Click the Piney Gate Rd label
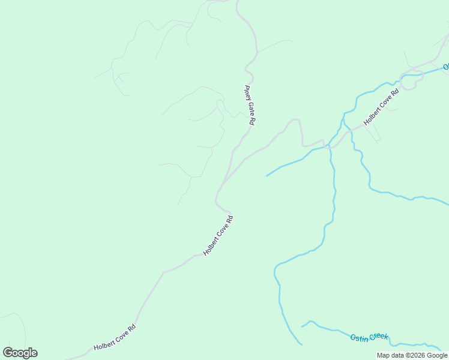click(x=250, y=105)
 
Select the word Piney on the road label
click(x=247, y=93)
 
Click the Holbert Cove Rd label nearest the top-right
click(x=381, y=107)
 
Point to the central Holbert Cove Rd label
click(x=217, y=236)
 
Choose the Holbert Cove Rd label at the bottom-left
click(x=115, y=338)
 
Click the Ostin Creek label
click(x=369, y=337)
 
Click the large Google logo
click(x=20, y=353)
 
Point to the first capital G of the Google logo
click(x=8, y=352)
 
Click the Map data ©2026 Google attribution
click(x=412, y=355)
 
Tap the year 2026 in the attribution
click(x=418, y=355)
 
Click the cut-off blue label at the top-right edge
click(x=446, y=67)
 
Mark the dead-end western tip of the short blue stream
click(x=267, y=176)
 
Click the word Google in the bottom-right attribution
click(x=436, y=355)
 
